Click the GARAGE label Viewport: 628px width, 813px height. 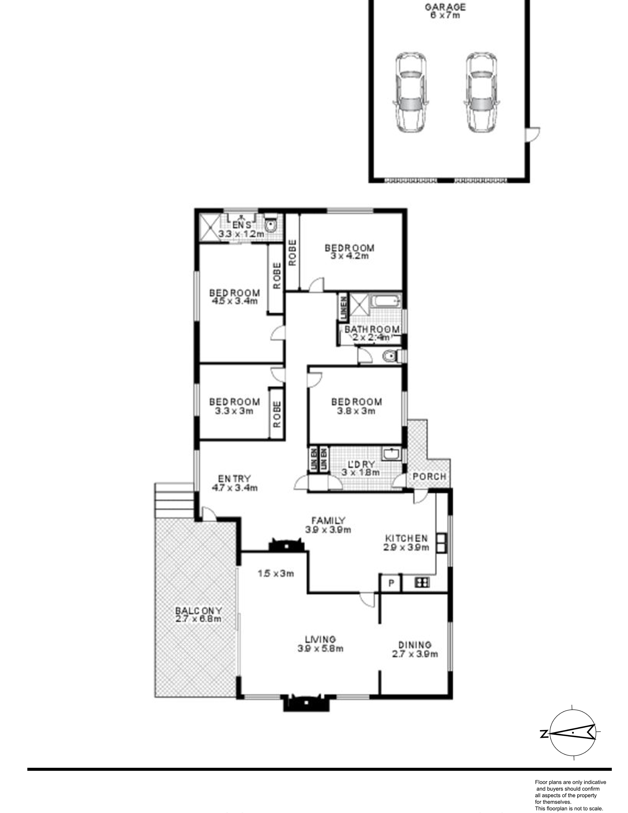tap(445, 11)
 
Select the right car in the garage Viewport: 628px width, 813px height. tap(481, 92)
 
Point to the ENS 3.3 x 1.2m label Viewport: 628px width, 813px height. tap(241, 229)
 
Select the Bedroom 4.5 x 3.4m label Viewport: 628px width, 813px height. tap(234, 297)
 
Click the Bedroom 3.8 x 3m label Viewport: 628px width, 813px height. tap(356, 406)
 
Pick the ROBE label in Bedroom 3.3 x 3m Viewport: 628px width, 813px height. tap(277, 414)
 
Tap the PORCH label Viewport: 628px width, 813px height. tap(429, 476)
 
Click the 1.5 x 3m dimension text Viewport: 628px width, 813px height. tap(276, 574)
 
